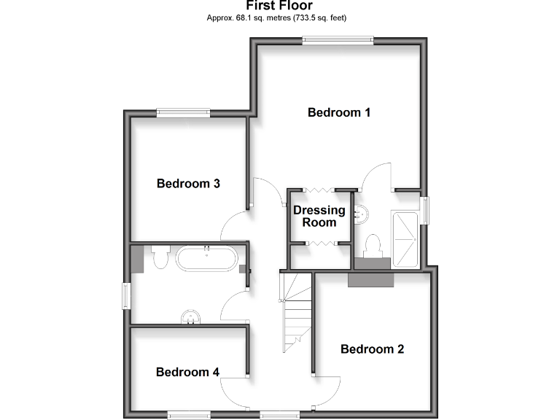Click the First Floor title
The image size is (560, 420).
coord(279,6)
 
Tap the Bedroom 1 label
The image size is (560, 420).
coord(339,112)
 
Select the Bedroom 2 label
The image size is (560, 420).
coord(372,349)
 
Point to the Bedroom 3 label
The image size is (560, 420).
coord(188,184)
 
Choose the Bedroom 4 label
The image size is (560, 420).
coord(187,372)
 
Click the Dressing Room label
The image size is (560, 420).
coord(319,216)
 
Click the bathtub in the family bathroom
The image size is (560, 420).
coord(207,259)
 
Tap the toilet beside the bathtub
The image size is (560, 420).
coord(161,257)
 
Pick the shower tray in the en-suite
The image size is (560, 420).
coord(406,239)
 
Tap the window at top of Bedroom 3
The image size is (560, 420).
coord(183,112)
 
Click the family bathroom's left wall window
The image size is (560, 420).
coord(126,295)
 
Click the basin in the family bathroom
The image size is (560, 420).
coord(191,316)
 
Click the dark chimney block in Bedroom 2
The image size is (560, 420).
coord(371,279)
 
